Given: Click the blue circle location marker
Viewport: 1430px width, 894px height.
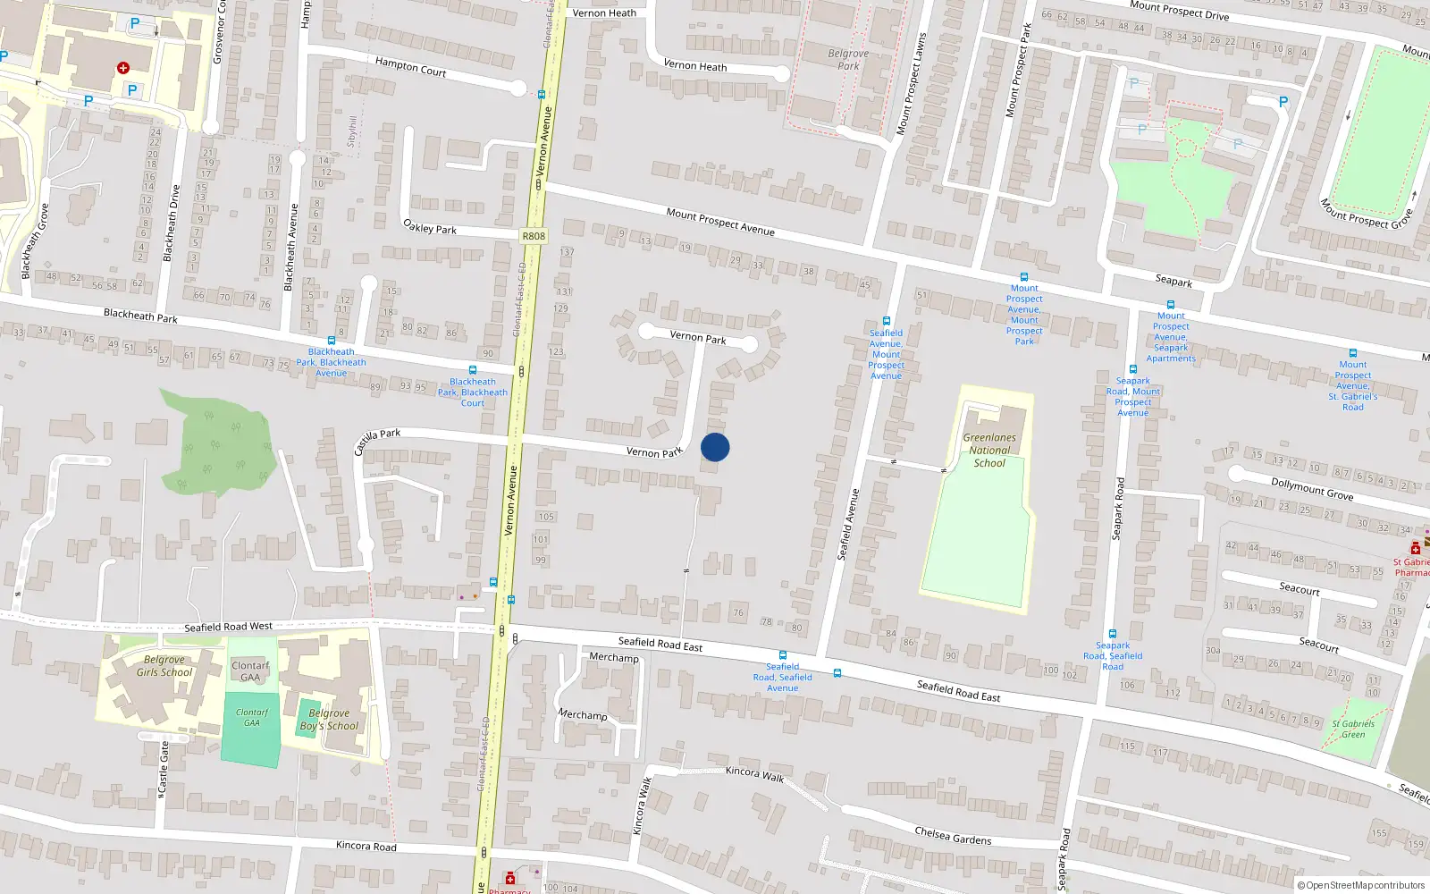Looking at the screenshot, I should [715, 447].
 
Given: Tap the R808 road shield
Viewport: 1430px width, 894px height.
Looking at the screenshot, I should [534, 236].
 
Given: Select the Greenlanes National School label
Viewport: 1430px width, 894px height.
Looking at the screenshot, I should [989, 451].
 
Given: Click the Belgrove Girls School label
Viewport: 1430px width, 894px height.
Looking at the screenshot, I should [164, 666].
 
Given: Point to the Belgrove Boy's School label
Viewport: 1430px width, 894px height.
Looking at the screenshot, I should [329, 720].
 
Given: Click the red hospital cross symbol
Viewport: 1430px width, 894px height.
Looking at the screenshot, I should [123, 68].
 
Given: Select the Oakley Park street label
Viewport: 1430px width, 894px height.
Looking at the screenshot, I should [430, 227].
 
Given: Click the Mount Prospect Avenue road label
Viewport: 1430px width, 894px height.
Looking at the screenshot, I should [720, 222].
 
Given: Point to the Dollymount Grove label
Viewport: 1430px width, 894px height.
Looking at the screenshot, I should [1312, 488].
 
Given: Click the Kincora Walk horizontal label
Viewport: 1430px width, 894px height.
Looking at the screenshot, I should [754, 774].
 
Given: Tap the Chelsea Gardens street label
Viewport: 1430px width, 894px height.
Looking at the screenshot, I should [953, 836].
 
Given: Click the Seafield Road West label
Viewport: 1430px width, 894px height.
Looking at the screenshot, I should [228, 627].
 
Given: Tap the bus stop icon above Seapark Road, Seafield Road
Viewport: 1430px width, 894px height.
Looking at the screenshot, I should [1113, 634].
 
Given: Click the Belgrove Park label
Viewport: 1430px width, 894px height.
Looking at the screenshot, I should [848, 60].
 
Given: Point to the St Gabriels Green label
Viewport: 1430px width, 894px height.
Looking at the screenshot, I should [1353, 730].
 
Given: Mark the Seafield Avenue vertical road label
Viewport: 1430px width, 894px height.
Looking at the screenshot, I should [848, 525].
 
